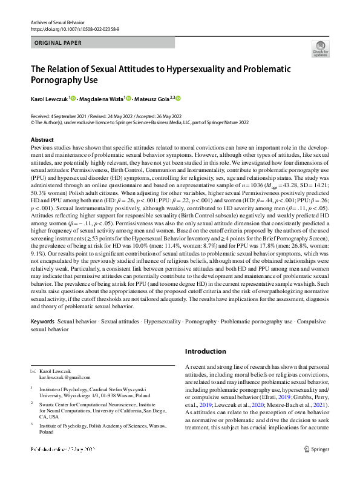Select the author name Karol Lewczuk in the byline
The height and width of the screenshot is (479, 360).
[x=50, y=98]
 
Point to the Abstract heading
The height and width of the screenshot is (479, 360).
[x=42, y=139]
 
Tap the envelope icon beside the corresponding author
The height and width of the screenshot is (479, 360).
[x=33, y=370]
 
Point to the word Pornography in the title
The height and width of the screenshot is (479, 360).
[x=61, y=79]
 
